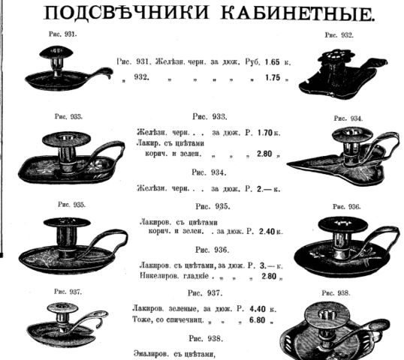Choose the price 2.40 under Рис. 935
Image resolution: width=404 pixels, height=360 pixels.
[x=267, y=232]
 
